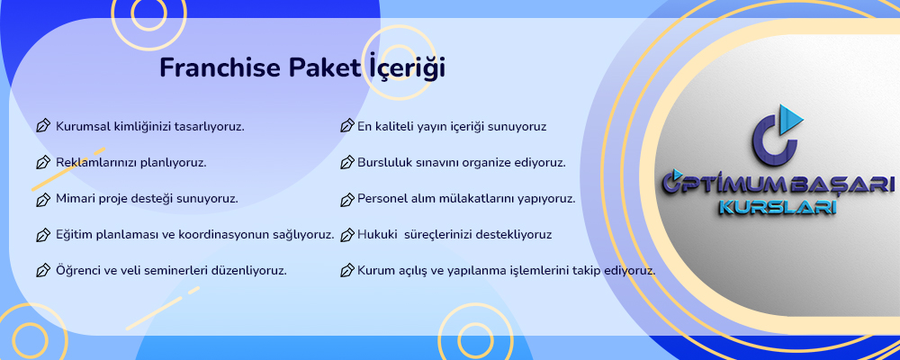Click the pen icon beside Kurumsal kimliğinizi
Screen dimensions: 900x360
tap(43, 126)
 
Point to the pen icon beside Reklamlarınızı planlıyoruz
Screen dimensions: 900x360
tap(43, 163)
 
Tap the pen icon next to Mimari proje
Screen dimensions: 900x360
tap(43, 199)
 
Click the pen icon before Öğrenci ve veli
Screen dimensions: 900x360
tap(43, 270)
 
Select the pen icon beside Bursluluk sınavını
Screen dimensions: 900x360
tap(346, 163)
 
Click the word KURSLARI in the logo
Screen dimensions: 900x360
tap(778, 207)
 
